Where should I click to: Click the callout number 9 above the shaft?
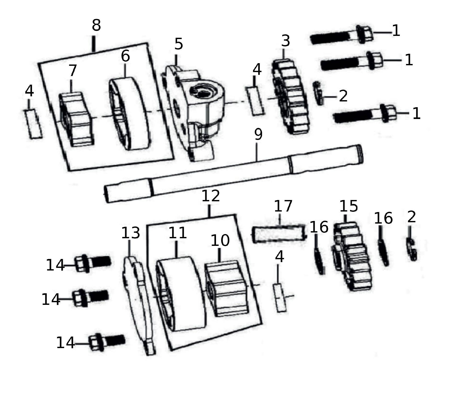click(x=258, y=135)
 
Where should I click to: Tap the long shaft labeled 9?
click(x=234, y=174)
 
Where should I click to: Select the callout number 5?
click(x=179, y=44)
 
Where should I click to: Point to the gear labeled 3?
click(x=290, y=96)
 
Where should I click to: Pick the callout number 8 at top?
click(x=96, y=26)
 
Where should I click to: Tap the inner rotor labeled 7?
click(x=76, y=119)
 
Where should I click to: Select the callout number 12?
click(x=210, y=196)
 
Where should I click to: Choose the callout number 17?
click(x=283, y=206)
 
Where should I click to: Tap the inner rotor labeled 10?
click(x=226, y=288)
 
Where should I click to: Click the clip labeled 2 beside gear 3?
click(x=318, y=93)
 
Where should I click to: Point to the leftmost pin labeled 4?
click(x=33, y=124)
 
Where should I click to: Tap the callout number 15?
click(x=349, y=206)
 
